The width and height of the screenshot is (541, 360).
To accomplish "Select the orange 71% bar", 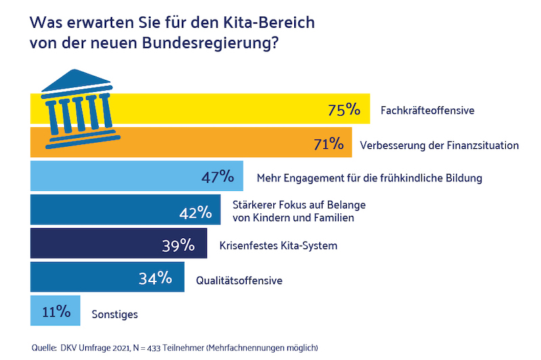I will (x=203, y=143).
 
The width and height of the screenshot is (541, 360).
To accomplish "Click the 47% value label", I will (x=218, y=178).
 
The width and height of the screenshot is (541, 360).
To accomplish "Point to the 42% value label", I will (x=196, y=212).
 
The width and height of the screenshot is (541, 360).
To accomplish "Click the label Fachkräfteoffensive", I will (x=428, y=110).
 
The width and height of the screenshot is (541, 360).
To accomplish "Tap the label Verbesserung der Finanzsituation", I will (x=439, y=144).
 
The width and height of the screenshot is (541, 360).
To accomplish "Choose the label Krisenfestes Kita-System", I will (x=279, y=245).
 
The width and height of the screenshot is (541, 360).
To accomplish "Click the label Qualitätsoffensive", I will (x=239, y=279).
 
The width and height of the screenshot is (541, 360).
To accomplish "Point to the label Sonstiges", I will (x=115, y=314).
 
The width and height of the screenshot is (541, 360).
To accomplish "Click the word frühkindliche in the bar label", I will (x=412, y=179).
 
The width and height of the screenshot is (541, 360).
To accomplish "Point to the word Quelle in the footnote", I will (x=44, y=348).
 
